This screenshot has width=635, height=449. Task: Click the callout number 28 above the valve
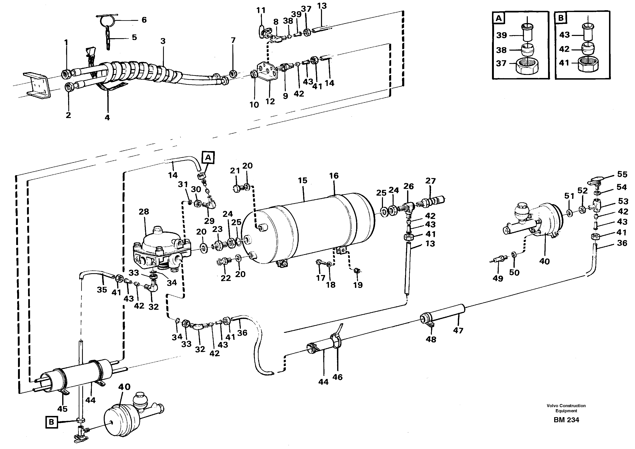(x=144, y=212)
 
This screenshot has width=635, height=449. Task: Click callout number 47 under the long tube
(x=458, y=330)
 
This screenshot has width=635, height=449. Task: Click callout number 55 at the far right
(x=622, y=174)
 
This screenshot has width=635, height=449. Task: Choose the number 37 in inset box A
(x=501, y=63)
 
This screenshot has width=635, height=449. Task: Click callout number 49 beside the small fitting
(x=498, y=278)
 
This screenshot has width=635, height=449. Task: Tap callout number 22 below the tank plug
(x=226, y=278)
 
